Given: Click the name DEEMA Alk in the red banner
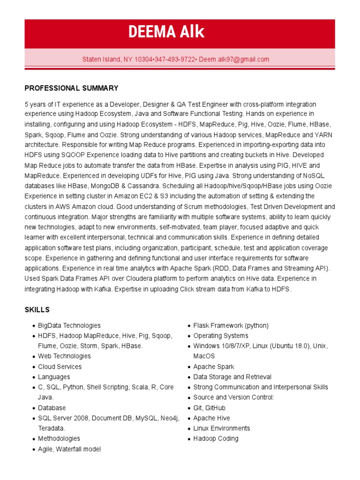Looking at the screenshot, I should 166,32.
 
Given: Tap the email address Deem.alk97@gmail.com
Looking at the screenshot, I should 234,60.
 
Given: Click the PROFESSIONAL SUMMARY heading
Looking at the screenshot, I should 71,88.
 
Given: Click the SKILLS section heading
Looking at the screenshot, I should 37,310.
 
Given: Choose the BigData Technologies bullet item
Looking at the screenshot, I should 69,325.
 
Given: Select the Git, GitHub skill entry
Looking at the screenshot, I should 209,408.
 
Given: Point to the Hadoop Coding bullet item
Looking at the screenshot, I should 216,439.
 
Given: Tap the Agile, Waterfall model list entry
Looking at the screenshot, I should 69,449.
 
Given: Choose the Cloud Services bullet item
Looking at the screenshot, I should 60,367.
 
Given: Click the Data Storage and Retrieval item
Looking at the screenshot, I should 232,377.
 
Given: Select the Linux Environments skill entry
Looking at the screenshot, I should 221,428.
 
